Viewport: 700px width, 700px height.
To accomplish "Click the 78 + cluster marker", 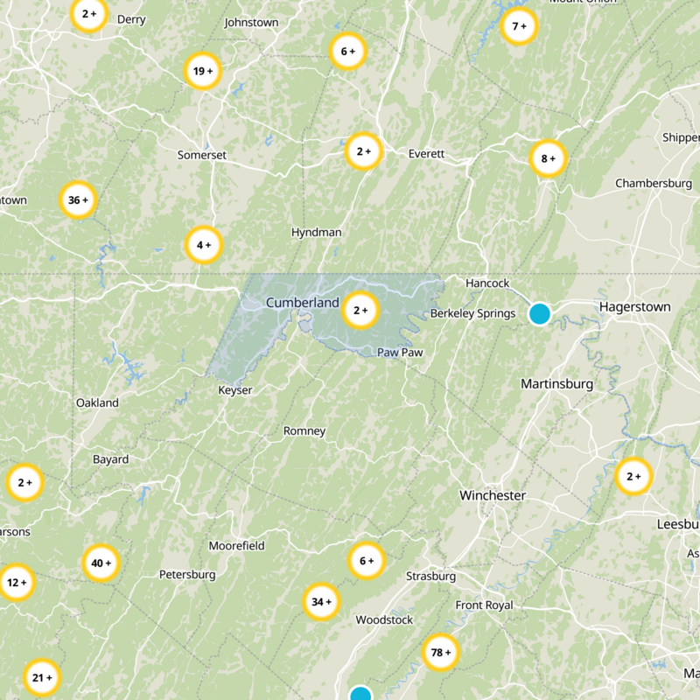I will pyautogui.click(x=441, y=652).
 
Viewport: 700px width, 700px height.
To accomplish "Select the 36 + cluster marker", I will pyautogui.click(x=78, y=200).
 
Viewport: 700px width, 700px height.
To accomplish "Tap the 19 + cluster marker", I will pyautogui.click(x=202, y=71).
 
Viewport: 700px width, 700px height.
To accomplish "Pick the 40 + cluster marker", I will pyautogui.click(x=101, y=563).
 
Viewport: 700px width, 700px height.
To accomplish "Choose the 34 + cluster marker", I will pyautogui.click(x=321, y=602).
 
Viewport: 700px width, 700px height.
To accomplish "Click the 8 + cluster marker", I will pyautogui.click(x=549, y=159).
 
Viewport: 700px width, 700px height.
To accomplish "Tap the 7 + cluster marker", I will pyautogui.click(x=519, y=26).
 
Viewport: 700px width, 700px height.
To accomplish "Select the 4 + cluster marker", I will pyautogui.click(x=204, y=245).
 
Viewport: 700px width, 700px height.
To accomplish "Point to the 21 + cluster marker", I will pyautogui.click(x=42, y=677).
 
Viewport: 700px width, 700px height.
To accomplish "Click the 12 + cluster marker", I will pyautogui.click(x=16, y=582).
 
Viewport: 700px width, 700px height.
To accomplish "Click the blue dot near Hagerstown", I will pyautogui.click(x=540, y=313).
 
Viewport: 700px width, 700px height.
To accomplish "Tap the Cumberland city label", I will pyautogui.click(x=302, y=303).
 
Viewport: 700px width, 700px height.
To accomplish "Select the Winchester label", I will pyautogui.click(x=493, y=495).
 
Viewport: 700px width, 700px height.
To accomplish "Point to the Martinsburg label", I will pyautogui.click(x=556, y=384).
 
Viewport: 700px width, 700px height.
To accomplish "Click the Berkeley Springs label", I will pyautogui.click(x=472, y=313).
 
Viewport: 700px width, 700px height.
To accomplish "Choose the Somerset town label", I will pyautogui.click(x=202, y=155).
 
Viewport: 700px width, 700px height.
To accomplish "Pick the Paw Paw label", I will pyautogui.click(x=400, y=352).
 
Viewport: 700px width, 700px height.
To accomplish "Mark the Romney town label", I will pyautogui.click(x=304, y=431).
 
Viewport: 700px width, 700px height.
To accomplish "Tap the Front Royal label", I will pyautogui.click(x=484, y=605).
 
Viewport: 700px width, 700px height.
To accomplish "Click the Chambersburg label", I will pyautogui.click(x=654, y=183).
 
